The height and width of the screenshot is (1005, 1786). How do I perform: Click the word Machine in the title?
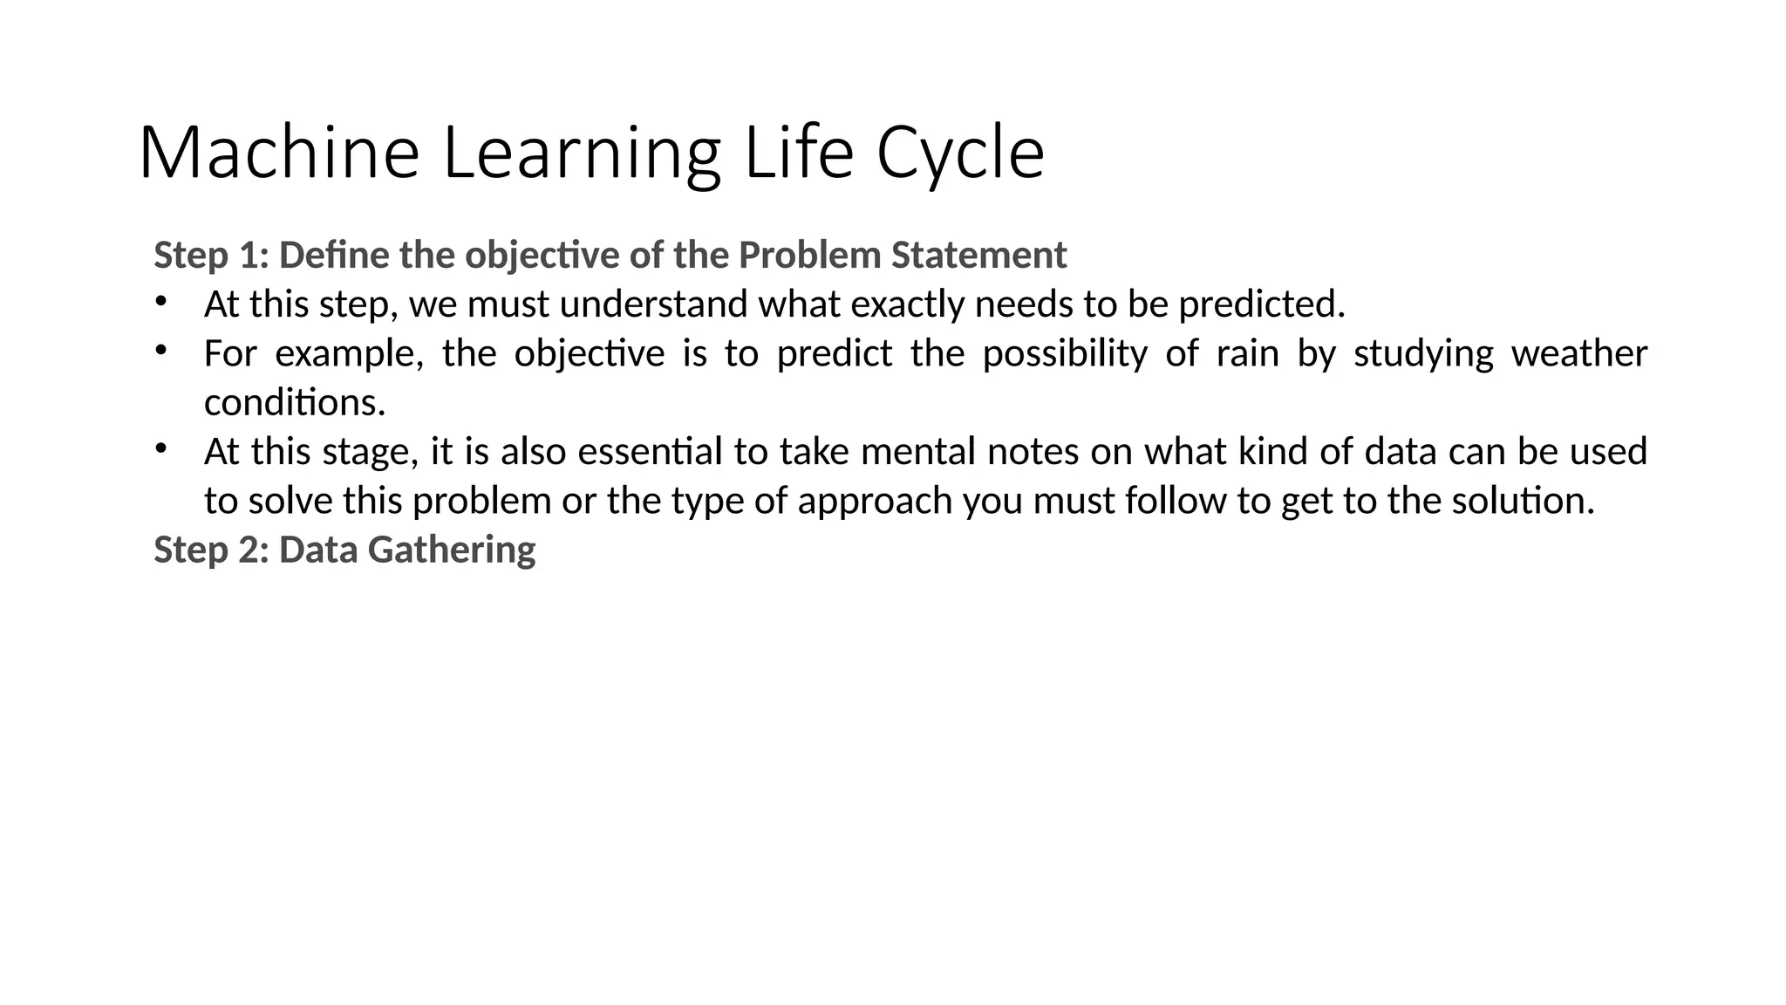pos(279,154)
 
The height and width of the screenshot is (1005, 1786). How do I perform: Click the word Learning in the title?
pos(582,154)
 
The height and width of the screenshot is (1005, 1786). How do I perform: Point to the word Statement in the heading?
pos(978,256)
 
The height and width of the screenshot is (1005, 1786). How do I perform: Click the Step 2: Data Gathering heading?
pos(344,550)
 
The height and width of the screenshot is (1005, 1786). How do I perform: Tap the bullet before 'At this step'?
pos(160,302)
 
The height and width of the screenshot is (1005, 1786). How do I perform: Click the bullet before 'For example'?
pos(160,351)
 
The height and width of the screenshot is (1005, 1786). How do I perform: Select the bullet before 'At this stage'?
pos(160,449)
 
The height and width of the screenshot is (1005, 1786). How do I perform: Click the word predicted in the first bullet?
pos(1262,304)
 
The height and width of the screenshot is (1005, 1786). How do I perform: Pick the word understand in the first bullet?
pos(654,304)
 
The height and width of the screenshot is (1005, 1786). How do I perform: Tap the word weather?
pos(1578,353)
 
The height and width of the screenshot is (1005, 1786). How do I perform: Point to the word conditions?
pos(295,402)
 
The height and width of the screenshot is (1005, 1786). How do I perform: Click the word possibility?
pos(1065,353)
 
